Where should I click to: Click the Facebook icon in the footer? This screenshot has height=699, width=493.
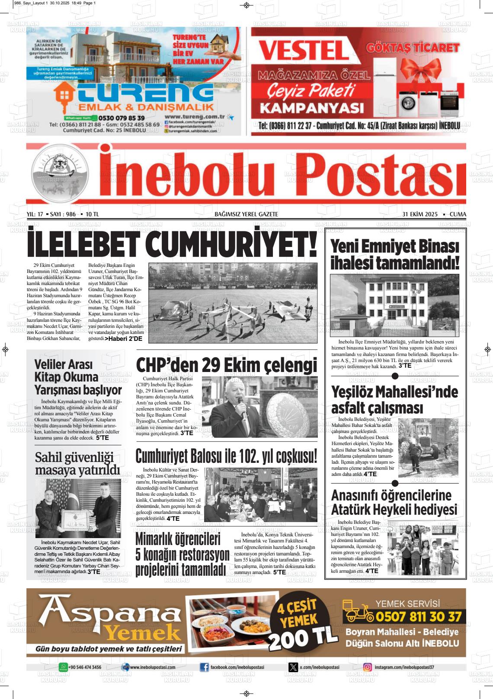coord(204,667)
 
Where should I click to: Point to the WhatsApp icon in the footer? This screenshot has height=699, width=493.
coord(63,667)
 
